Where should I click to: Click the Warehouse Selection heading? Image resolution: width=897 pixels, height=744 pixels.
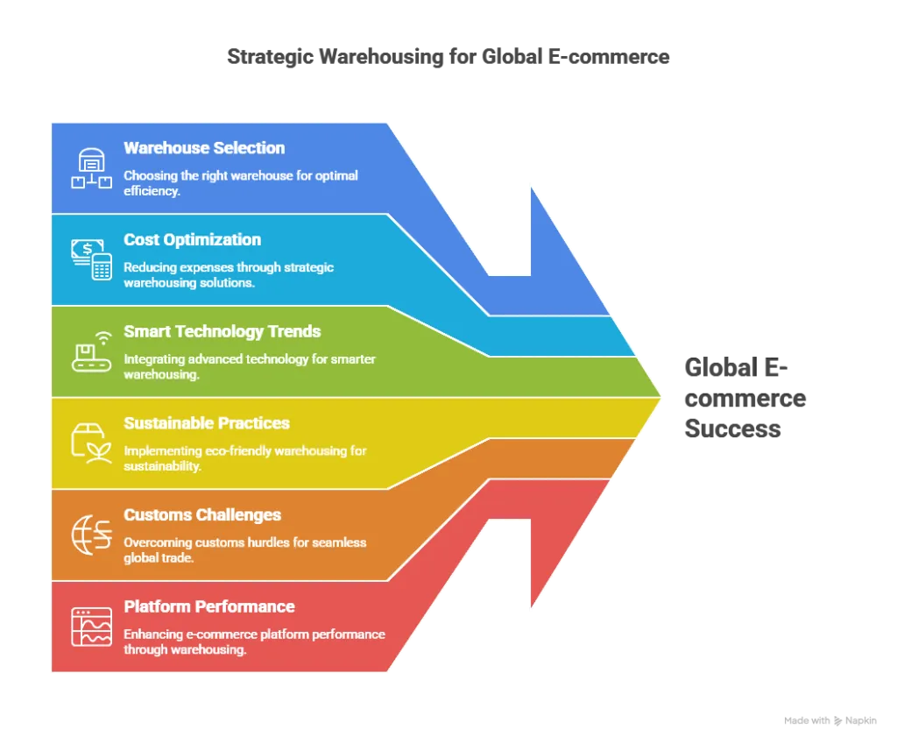[204, 148]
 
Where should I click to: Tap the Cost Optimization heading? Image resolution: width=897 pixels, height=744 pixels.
[192, 239]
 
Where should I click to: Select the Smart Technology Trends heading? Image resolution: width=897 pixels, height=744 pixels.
[222, 331]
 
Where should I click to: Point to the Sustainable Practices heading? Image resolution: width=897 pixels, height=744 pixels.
[207, 423]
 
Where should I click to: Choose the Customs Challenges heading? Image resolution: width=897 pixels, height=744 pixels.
[202, 514]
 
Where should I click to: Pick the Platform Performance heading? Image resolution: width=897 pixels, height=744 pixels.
[208, 606]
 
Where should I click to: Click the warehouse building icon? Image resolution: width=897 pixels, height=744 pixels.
[92, 168]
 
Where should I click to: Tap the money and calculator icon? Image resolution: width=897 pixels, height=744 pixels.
[92, 259]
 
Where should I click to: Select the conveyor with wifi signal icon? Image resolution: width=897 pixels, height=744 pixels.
[92, 351]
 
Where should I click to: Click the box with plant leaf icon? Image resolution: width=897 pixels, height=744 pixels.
[92, 443]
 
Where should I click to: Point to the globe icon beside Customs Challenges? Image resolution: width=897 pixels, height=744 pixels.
[92, 535]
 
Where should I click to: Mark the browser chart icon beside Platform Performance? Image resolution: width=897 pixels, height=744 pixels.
[92, 627]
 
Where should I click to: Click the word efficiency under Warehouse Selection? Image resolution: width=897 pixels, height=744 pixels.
[152, 190]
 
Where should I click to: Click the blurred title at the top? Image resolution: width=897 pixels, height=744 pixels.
[448, 58]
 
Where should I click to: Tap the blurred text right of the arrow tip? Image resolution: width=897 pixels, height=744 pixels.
[745, 398]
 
